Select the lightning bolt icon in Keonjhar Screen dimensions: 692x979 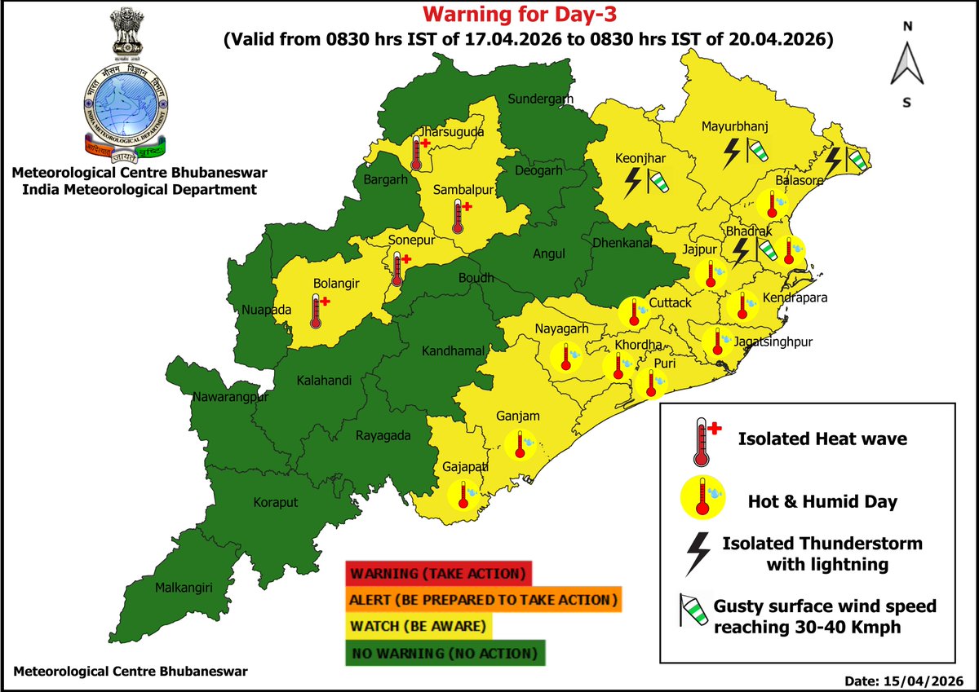(x=632, y=183)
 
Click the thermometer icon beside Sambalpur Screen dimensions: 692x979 (x=460, y=214)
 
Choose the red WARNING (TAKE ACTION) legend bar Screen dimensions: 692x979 (x=438, y=573)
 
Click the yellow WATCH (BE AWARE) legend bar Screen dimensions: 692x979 (x=420, y=627)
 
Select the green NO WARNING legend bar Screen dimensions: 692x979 (x=445, y=653)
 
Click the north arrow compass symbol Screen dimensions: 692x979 (x=906, y=64)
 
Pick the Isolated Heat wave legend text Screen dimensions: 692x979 (x=822, y=439)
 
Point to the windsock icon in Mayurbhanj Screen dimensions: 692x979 (x=760, y=151)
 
